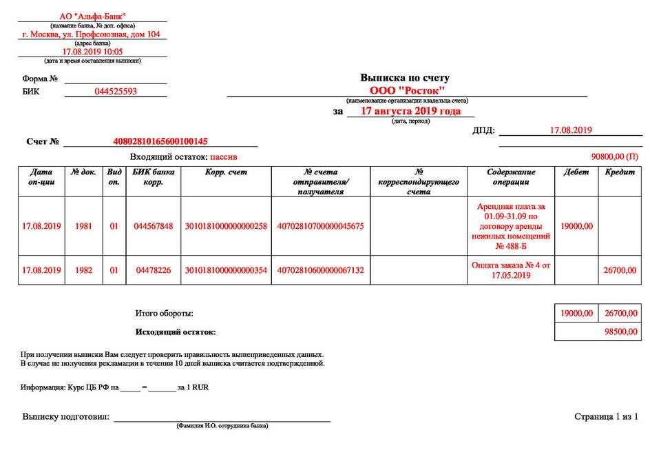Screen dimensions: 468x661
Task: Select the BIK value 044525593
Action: [x=116, y=92]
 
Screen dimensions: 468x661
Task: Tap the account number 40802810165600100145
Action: [x=160, y=141]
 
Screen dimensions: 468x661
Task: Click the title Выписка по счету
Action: [x=405, y=78]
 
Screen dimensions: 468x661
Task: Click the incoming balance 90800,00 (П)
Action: [x=615, y=157]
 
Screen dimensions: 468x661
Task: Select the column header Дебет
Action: [x=576, y=172]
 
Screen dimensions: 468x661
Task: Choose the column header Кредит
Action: [x=620, y=172]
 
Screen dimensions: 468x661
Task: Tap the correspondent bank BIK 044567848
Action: [x=154, y=226]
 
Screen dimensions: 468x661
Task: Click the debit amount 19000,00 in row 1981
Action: [x=576, y=226]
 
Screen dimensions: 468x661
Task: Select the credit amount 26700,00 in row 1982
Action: [x=620, y=270]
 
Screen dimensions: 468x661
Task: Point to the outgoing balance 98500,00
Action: [x=620, y=332]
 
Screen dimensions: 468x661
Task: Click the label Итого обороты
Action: [x=165, y=314]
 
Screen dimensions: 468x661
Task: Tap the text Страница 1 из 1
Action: [x=606, y=416]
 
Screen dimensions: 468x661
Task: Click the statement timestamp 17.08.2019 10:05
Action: [x=92, y=52]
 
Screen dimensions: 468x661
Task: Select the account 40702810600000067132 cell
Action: [x=320, y=270]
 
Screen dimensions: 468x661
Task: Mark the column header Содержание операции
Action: [x=511, y=177]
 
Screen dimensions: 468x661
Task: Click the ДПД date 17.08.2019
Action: [x=571, y=130]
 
